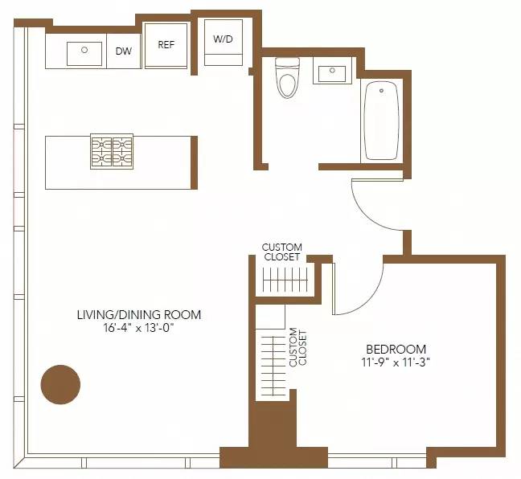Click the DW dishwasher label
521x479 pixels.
(124, 51)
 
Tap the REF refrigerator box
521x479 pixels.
(166, 46)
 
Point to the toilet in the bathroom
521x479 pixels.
(287, 78)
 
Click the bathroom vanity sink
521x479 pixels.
(331, 74)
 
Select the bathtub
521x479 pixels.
(381, 120)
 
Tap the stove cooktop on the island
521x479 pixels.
(111, 150)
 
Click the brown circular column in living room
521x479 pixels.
(61, 384)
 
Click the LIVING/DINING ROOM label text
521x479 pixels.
(139, 315)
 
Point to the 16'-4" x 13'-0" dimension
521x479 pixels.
(139, 329)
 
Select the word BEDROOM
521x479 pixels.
(396, 349)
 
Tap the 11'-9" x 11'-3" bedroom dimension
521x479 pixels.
(396, 362)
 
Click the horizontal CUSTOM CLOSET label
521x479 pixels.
(282, 252)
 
